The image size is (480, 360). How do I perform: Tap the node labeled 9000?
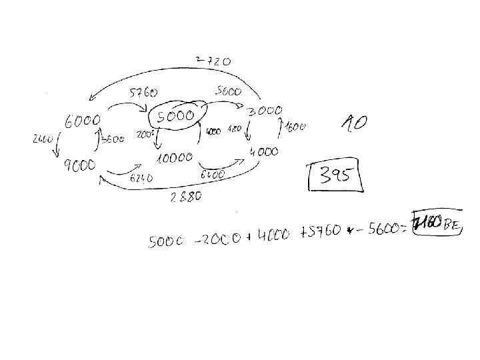click(x=79, y=164)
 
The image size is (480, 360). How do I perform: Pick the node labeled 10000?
click(x=175, y=159)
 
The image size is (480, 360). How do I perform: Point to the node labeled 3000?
click(x=265, y=111)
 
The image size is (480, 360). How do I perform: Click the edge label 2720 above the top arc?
click(x=213, y=61)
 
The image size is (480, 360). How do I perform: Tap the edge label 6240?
click(x=142, y=178)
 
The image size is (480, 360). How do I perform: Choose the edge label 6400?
click(x=212, y=175)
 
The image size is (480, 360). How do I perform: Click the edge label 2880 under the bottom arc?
click(x=186, y=197)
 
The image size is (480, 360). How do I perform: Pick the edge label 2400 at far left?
click(x=42, y=139)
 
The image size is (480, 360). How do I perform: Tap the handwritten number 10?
click(x=353, y=123)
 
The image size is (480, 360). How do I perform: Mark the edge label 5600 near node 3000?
click(x=228, y=91)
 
